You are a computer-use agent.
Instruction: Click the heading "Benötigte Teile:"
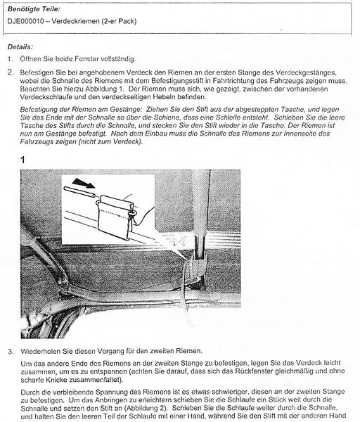[x=34, y=9]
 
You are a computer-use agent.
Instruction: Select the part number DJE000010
[x=25, y=21]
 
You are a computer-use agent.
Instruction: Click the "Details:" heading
[x=20, y=47]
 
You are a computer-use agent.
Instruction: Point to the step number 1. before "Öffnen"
[x=11, y=59]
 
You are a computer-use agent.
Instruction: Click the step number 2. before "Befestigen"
[x=11, y=72]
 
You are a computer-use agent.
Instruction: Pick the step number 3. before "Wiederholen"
[x=11, y=352]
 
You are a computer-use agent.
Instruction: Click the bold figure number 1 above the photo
[x=22, y=160]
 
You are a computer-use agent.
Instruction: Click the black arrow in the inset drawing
[x=84, y=183]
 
